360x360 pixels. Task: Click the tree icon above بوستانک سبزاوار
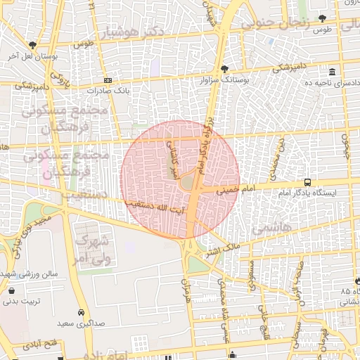tap(224, 69)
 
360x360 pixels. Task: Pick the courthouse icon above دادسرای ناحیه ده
tap(332, 72)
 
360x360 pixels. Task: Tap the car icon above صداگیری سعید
tap(81, 311)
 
